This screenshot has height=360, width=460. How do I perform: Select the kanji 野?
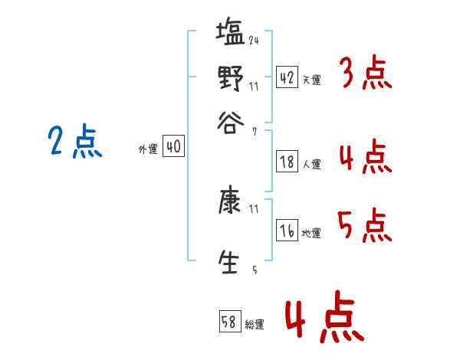[230, 77]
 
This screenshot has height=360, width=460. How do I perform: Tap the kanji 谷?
[230, 122]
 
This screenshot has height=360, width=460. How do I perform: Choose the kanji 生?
[230, 260]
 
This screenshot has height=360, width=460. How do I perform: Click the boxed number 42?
[287, 78]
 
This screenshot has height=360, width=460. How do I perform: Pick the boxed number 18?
[287, 162]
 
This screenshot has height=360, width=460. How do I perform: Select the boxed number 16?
[287, 231]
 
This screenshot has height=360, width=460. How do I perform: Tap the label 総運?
[255, 325]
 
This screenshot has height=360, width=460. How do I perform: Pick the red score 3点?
[364, 74]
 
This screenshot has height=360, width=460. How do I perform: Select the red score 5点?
[364, 225]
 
